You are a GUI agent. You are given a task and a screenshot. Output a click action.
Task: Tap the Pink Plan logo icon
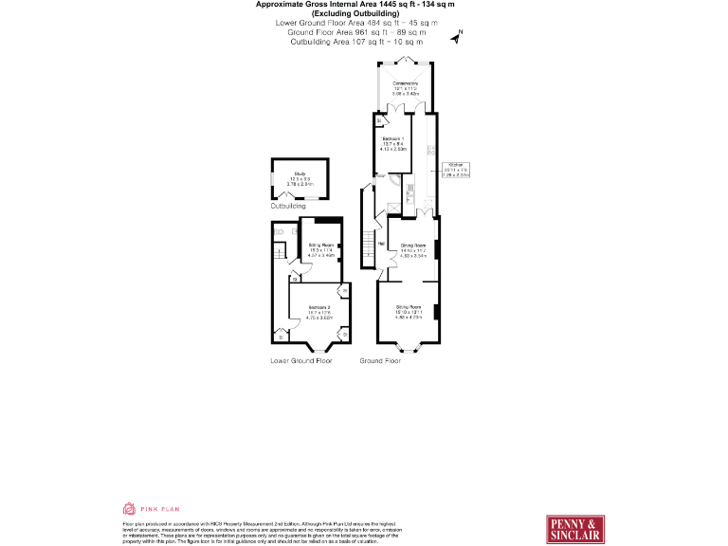129,509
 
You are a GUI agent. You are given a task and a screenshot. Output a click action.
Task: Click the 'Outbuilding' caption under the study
288,206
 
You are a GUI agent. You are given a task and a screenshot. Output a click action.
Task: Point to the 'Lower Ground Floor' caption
301,361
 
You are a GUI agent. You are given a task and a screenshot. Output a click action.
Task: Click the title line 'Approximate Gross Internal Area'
355,5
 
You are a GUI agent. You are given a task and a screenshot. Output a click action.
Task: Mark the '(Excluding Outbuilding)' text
355,14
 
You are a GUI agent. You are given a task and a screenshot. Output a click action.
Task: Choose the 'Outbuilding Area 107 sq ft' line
355,42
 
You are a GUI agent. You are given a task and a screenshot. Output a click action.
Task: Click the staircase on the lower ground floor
280,254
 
